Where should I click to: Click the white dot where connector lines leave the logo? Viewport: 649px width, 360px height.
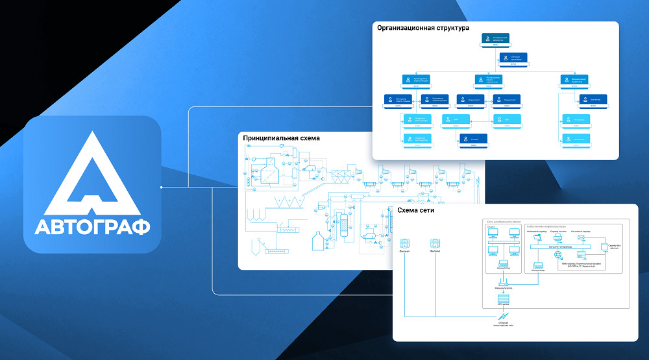(x=161, y=187)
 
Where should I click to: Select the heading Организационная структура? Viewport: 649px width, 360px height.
(x=423, y=28)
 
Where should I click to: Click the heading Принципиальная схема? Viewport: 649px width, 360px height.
(x=281, y=138)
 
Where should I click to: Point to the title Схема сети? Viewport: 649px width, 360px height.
(x=415, y=211)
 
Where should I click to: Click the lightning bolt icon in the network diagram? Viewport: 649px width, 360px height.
(x=503, y=315)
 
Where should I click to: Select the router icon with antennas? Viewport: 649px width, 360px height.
(x=502, y=282)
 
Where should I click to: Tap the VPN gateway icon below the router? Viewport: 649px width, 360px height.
(x=502, y=298)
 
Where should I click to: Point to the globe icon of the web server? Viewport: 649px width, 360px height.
(x=557, y=255)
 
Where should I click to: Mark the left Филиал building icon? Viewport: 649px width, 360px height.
(x=404, y=243)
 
